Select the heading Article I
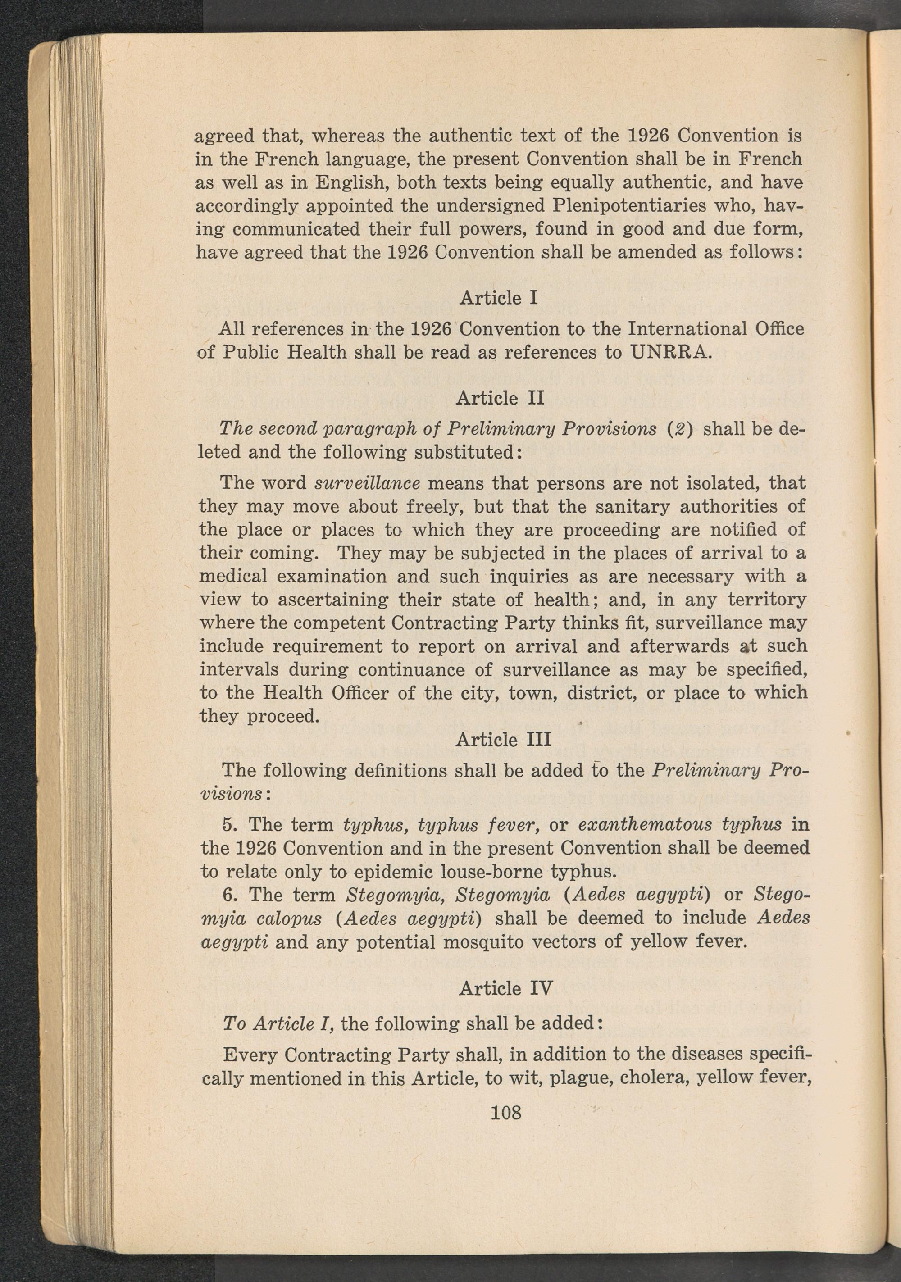tap(498, 298)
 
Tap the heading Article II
tap(499, 398)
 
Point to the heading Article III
tap(503, 739)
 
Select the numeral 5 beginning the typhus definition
tap(228, 825)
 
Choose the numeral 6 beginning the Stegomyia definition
tap(228, 895)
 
